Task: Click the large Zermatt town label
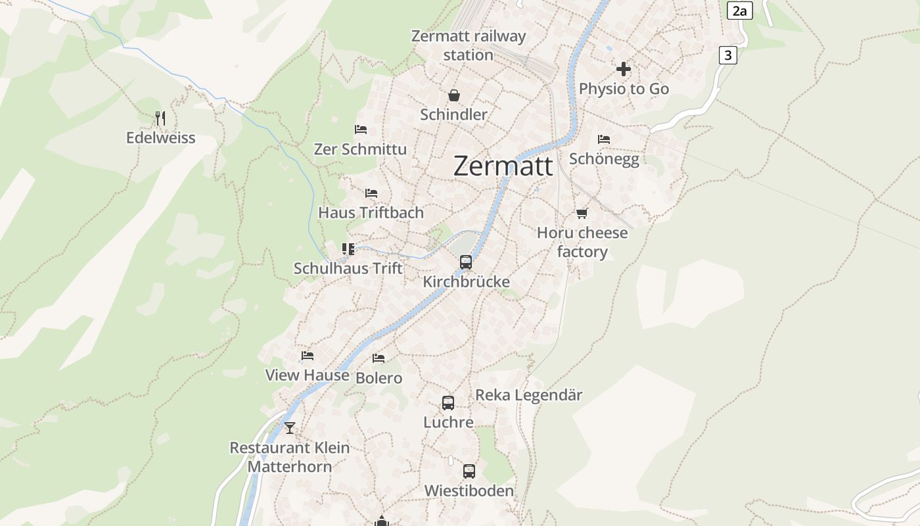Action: [503, 166]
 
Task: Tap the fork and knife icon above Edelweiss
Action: [160, 118]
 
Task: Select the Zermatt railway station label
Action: [468, 45]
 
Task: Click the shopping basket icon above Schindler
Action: [453, 96]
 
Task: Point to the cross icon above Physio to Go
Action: [624, 69]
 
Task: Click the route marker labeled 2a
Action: [740, 11]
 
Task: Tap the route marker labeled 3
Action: [727, 55]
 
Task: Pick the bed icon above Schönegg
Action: [604, 139]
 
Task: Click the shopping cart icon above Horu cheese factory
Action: [582, 213]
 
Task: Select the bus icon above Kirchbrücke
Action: [466, 262]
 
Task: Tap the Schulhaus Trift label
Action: [348, 268]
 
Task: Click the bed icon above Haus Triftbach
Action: [371, 193]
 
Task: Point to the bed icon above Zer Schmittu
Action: [360, 130]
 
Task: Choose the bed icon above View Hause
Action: [307, 356]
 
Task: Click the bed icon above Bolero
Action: [379, 358]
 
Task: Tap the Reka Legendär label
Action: [528, 395]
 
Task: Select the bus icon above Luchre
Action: [448, 403]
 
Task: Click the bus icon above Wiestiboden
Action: [469, 471]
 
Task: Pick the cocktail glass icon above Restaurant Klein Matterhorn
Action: [290, 428]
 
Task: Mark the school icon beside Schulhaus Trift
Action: [348, 249]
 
